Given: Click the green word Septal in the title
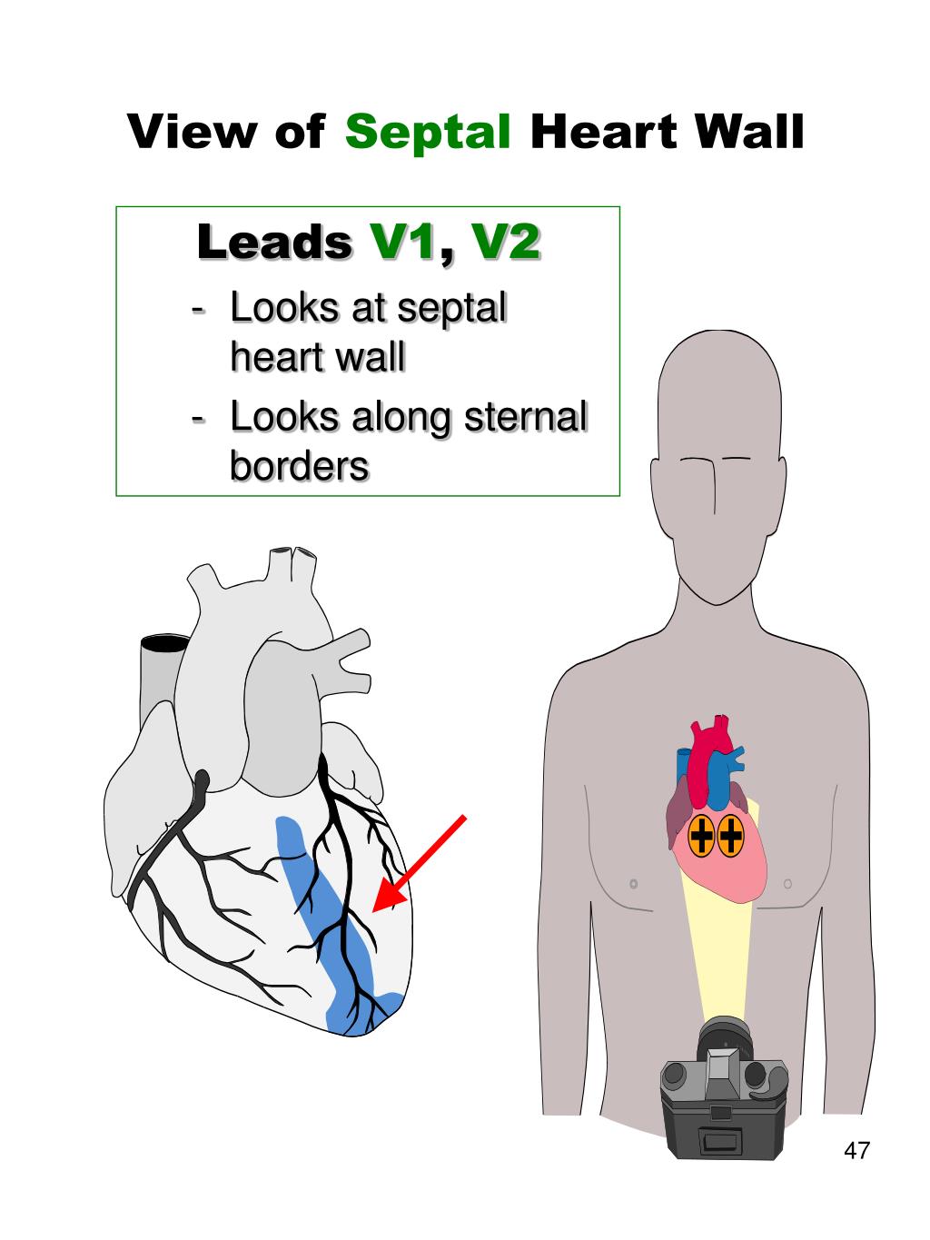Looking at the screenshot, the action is pyautogui.click(x=428, y=133).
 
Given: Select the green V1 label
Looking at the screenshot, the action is pyautogui.click(x=403, y=243).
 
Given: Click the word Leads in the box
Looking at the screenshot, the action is pyautogui.click(x=274, y=243).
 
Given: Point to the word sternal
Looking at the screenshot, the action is pyautogui.click(x=526, y=417).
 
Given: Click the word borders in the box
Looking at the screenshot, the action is pyautogui.click(x=299, y=466).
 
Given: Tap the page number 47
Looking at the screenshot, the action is pyautogui.click(x=856, y=1151).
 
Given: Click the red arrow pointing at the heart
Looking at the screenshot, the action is pyautogui.click(x=419, y=862).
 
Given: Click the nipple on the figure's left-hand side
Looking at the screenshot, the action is pyautogui.click(x=633, y=883).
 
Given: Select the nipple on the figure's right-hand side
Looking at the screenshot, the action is pyautogui.click(x=787, y=882).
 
